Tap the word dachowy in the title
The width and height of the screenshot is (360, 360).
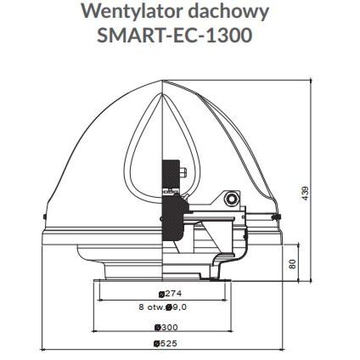point(229,13)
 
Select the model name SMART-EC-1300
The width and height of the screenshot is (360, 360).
point(175,36)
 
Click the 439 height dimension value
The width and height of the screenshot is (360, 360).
point(305,194)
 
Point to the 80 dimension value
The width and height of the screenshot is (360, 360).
point(293,264)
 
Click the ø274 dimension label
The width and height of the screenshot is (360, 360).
point(170,294)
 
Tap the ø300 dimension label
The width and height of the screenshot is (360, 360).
point(166,328)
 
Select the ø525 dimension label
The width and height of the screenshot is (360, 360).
point(166,344)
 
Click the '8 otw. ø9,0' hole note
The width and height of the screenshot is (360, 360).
point(163,307)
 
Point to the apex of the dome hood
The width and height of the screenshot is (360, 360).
point(163,81)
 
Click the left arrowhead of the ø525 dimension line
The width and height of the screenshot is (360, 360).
point(43,350)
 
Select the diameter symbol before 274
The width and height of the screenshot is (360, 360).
point(161,295)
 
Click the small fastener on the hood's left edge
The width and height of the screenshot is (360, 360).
point(44,217)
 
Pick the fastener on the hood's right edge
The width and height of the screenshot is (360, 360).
point(275,217)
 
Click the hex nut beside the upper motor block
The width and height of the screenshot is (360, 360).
point(183,172)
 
